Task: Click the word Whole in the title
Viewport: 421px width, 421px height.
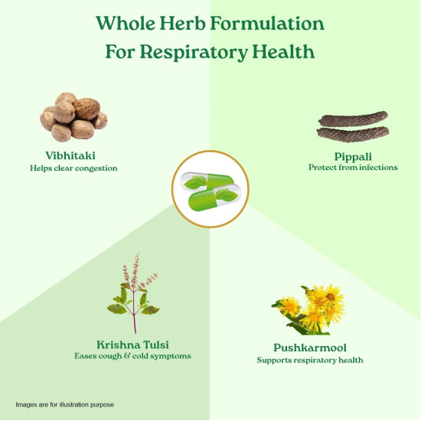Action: pos(126,23)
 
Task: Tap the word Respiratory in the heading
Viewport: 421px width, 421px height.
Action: pos(194,52)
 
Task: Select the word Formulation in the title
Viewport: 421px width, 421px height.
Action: pos(267,23)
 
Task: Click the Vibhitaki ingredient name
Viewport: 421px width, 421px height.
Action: pos(70,155)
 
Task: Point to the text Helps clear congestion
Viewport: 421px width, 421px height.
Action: pos(73,168)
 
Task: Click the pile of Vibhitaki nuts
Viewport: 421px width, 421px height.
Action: pos(73,117)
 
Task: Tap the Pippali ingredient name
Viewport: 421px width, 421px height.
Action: pos(353,157)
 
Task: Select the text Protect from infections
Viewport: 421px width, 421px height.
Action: pos(353,168)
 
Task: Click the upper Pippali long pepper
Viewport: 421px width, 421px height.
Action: pos(353,119)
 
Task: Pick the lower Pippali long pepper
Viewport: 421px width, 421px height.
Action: pos(353,134)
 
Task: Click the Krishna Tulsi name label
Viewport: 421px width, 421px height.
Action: pos(132,344)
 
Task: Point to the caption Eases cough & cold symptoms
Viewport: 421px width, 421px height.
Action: pos(132,356)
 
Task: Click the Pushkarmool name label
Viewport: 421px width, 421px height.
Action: pos(310,348)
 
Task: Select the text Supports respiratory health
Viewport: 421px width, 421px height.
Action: pos(310,360)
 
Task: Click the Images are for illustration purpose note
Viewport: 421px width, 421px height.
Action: pos(65,405)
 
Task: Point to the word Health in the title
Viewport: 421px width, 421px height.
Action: pos(283,51)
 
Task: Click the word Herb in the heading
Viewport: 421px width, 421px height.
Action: pos(183,23)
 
